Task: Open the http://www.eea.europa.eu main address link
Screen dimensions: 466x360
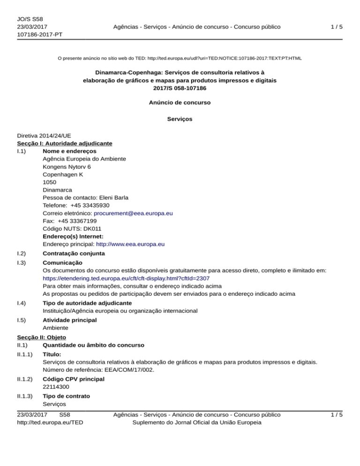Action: [x=130, y=244]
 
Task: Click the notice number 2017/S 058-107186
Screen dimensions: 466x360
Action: [x=180, y=88]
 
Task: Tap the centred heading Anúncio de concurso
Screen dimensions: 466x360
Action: [x=180, y=102]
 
